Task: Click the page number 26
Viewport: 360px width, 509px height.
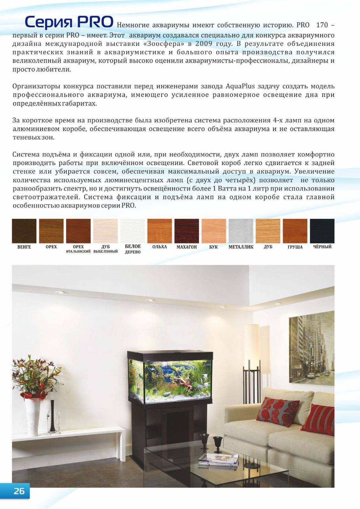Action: (19, 491)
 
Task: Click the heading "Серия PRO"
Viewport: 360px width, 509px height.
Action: (69, 22)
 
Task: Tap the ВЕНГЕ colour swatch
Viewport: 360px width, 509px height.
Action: (24, 231)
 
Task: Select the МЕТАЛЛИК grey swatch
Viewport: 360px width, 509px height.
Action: (241, 231)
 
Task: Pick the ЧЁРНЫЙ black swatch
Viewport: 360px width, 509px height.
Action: (322, 231)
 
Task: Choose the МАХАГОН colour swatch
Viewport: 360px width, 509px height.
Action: (187, 231)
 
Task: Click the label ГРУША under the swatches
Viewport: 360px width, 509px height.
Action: (295, 247)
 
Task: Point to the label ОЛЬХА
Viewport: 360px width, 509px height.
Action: (159, 247)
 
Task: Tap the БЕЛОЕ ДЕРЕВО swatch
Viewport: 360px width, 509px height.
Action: (132, 231)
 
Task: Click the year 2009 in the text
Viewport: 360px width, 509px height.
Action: (204, 44)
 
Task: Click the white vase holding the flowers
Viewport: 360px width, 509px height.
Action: (33, 417)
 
